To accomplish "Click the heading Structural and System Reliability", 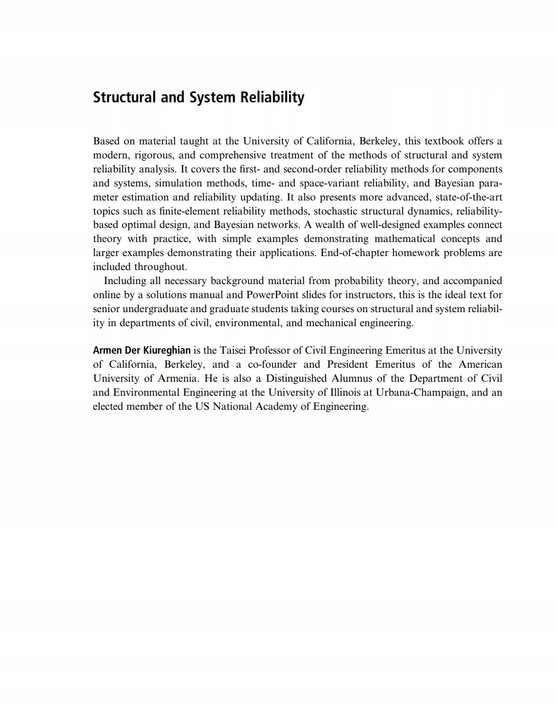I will (198, 98).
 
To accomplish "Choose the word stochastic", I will (335, 211).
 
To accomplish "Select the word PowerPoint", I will (272, 295).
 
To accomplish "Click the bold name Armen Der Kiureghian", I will (141, 351).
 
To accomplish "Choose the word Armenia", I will (178, 379).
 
